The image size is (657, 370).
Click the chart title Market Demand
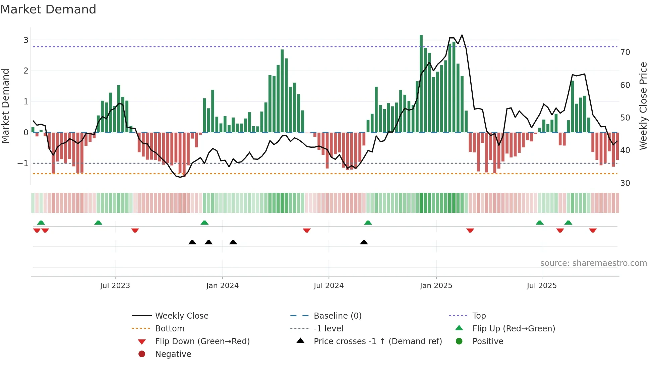coord(48,9)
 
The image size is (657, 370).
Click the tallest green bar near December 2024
coord(421,84)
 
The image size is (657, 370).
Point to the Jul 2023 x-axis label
coord(115,286)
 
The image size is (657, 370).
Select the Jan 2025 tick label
coord(436,286)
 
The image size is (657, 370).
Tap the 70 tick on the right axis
coord(625,52)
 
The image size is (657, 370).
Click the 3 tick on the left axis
coord(26,40)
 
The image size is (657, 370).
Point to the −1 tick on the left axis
coord(23,164)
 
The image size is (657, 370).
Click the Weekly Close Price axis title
coord(643,106)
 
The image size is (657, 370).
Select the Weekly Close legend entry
coord(181,316)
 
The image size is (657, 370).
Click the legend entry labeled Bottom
coord(170,329)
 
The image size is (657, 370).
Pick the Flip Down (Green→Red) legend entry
coord(202,341)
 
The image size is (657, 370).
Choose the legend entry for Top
coord(479,316)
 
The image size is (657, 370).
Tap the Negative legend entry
coord(173,354)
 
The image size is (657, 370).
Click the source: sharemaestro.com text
coord(593,263)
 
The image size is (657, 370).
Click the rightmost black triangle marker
coord(364,242)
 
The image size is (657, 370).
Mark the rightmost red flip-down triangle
coord(593,230)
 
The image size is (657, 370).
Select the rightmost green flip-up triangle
coord(568,223)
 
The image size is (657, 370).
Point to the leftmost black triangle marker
coord(192,242)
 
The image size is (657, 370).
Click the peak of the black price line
coord(462,35)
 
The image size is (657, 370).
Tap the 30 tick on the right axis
coord(625,183)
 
